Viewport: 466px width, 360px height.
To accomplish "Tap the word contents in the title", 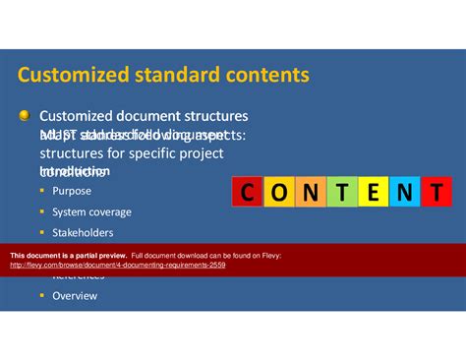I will pos(269,76).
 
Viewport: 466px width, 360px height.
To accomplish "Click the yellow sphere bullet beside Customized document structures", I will pos(25,117).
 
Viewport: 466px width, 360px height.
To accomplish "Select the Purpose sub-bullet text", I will pos(72,191).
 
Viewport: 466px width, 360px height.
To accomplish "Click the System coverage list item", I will pos(91,211).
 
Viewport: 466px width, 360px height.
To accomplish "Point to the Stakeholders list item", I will pos(83,233).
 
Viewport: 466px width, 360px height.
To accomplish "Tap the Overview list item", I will pos(75,295).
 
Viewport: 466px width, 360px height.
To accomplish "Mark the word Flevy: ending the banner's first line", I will pos(266,256).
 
